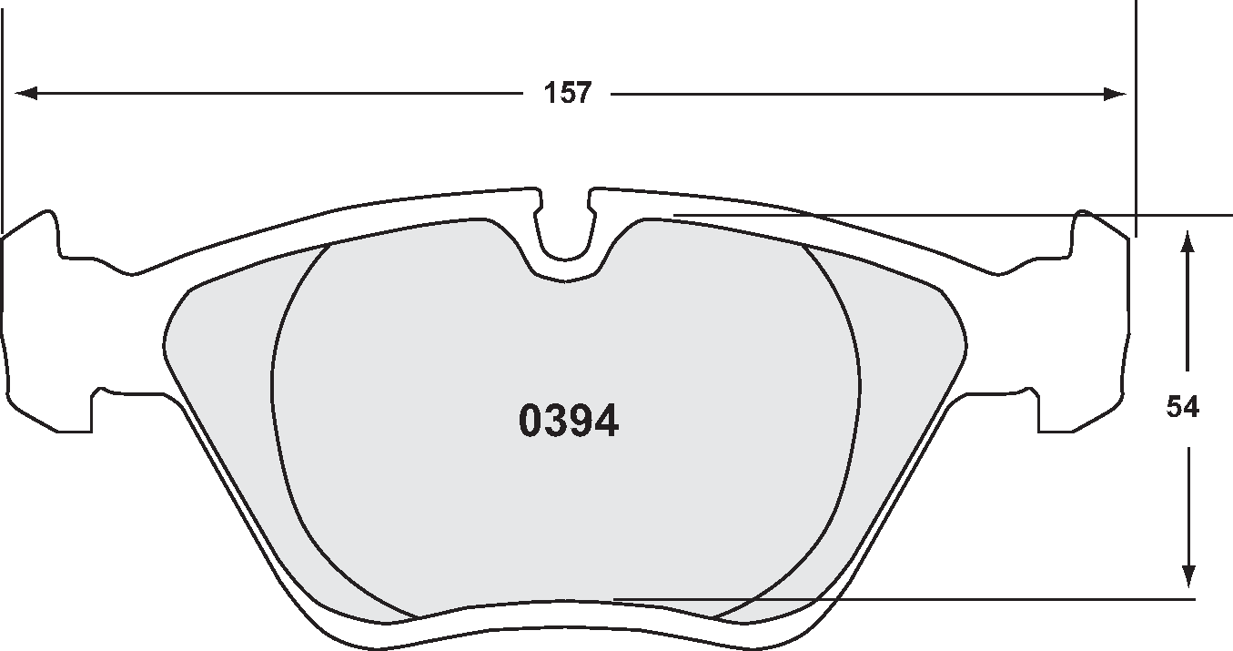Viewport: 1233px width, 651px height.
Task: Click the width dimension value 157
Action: point(568,93)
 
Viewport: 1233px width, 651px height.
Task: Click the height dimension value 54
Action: point(1183,407)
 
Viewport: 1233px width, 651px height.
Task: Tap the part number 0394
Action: point(569,422)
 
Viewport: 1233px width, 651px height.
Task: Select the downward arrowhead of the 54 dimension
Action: point(1187,575)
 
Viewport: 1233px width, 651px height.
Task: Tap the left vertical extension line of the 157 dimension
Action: point(3,109)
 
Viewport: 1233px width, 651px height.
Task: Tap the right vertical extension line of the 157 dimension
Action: point(1137,109)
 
